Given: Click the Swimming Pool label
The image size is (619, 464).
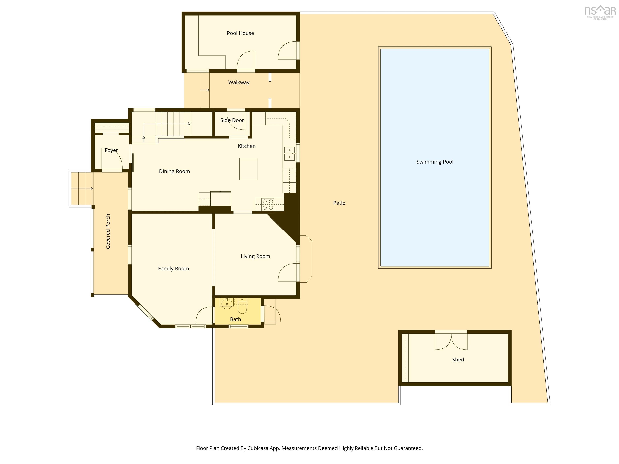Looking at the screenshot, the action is tap(435, 162).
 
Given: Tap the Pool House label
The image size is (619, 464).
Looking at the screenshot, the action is tap(240, 33).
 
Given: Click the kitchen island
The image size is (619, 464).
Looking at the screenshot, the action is tap(248, 169).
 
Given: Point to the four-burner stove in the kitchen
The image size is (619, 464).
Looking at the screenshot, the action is tap(268, 204).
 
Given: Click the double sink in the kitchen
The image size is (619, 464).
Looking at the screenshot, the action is tap(290, 153).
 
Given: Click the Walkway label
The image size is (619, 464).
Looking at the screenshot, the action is tap(239, 82).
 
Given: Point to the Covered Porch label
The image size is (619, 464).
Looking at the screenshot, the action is tap(108, 231).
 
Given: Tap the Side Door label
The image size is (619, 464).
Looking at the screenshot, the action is tap(232, 120).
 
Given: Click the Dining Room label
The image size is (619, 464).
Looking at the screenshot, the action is tap(174, 171).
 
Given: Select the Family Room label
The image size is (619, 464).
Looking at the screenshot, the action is tap(173, 268).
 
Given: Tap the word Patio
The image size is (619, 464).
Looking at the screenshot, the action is tap(339, 203).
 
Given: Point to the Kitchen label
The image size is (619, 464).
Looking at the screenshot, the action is tap(247, 146).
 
